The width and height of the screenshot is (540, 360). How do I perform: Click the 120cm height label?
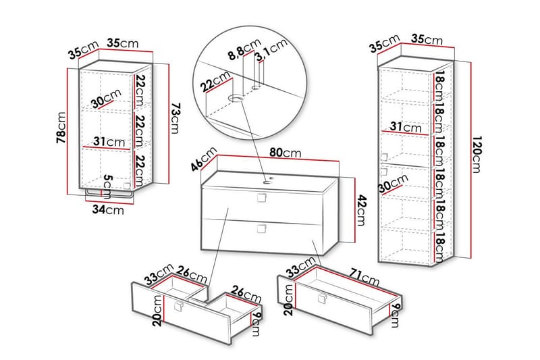(x=477, y=155)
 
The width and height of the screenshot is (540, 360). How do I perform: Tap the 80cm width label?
(x=285, y=153)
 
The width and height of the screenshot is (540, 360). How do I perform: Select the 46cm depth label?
(x=205, y=159)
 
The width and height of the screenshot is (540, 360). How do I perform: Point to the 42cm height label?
(x=361, y=210)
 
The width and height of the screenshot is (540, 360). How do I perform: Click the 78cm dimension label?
(x=61, y=128)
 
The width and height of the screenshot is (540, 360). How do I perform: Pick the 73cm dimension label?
(x=175, y=118)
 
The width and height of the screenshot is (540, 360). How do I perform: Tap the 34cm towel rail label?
(x=108, y=209)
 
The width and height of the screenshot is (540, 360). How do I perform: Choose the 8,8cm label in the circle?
(x=244, y=49)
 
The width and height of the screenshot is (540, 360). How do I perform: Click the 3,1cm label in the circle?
(x=271, y=50)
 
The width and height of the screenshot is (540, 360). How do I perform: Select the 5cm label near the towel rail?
(x=108, y=186)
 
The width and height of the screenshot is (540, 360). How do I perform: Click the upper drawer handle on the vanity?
(x=262, y=198)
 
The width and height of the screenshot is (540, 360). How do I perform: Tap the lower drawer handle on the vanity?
(x=262, y=228)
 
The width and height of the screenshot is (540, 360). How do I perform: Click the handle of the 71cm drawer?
(x=323, y=299)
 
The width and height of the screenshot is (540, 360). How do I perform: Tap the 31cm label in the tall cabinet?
(x=406, y=127)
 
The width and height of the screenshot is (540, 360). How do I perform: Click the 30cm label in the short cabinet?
(x=107, y=98)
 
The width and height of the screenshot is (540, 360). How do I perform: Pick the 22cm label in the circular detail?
(x=216, y=81)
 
